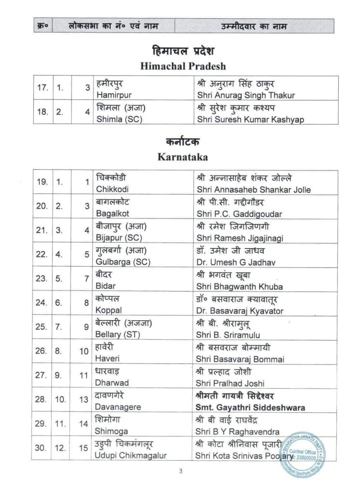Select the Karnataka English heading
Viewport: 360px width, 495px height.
click(x=180, y=157)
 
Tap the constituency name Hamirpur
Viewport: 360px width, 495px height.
click(x=111, y=95)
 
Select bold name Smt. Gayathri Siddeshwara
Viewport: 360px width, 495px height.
click(x=251, y=408)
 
